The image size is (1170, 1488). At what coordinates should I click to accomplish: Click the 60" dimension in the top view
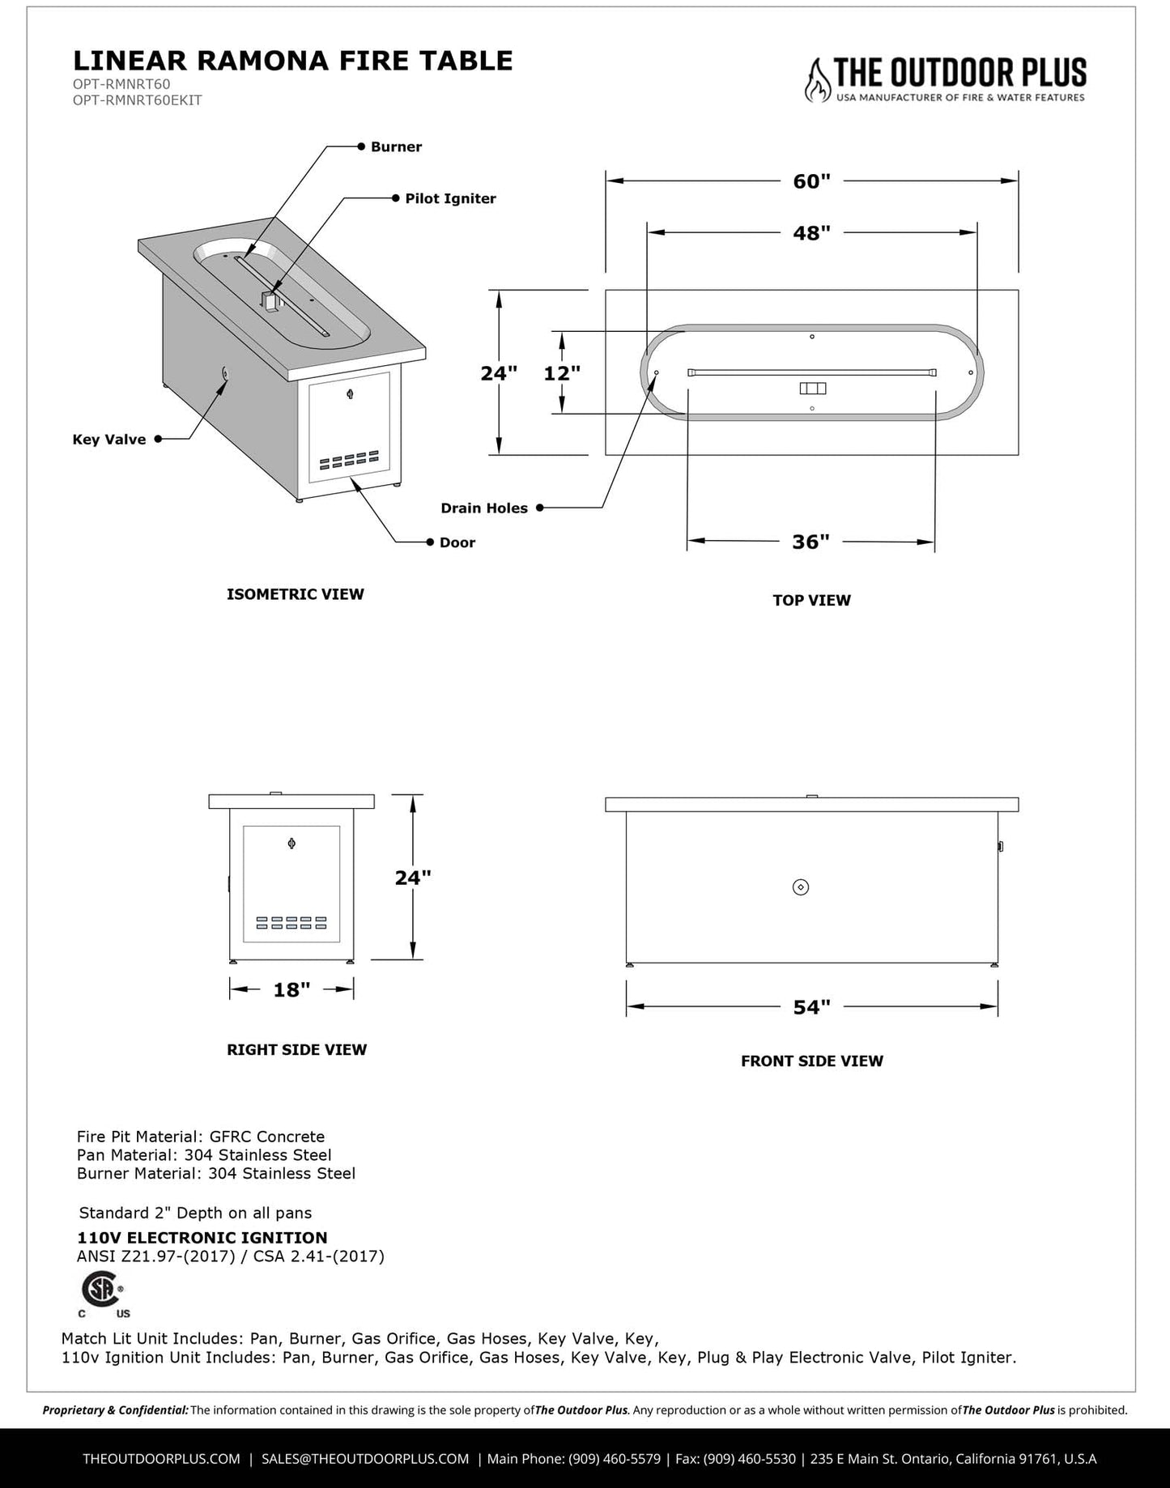811,181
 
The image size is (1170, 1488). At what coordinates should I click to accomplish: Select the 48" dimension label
811,233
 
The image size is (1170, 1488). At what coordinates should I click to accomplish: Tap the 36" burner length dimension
810,542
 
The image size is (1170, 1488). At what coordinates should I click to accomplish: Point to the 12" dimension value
562,373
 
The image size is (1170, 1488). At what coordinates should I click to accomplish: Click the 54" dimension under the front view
811,1007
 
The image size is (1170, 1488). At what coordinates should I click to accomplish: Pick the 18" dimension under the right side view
291,989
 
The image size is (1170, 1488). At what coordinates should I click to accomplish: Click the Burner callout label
396,147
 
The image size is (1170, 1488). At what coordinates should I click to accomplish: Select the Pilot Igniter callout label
450,198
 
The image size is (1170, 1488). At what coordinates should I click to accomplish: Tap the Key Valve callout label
109,440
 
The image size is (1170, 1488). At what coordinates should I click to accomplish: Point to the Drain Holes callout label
484,508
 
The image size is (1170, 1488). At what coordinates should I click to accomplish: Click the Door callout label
457,542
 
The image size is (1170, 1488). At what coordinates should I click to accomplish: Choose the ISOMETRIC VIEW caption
295,594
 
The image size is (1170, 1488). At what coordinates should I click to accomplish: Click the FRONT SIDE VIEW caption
811,1061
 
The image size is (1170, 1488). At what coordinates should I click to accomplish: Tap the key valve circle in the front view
801,887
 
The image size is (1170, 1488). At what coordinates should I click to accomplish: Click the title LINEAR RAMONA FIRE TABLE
292,61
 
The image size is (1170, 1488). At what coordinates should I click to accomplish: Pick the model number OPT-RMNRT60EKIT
137,100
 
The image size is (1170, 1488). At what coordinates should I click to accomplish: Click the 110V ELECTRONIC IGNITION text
202,1237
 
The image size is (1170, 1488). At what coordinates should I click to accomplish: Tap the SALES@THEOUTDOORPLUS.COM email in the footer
365,1458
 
